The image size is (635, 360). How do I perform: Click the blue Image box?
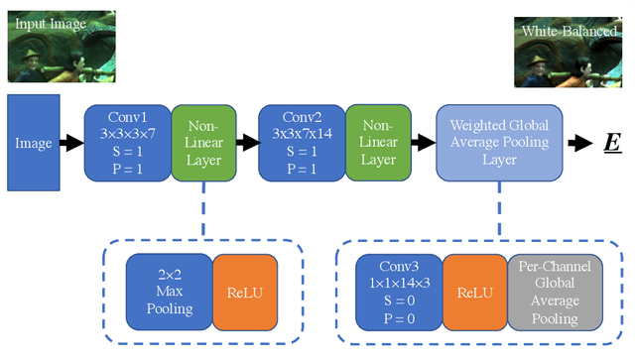pos(34,143)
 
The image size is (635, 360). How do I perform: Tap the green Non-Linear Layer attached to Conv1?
pos(203,143)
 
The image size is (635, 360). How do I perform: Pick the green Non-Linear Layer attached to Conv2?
pos(377,143)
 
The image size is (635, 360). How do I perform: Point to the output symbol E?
pos(613,144)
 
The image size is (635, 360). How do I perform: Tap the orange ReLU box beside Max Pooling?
pos(245,292)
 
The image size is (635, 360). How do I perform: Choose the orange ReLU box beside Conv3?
pos(474,292)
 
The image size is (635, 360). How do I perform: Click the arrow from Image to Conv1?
pos(72,144)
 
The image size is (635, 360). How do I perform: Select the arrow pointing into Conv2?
pos(247,144)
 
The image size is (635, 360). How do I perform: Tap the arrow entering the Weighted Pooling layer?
pos(421,144)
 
